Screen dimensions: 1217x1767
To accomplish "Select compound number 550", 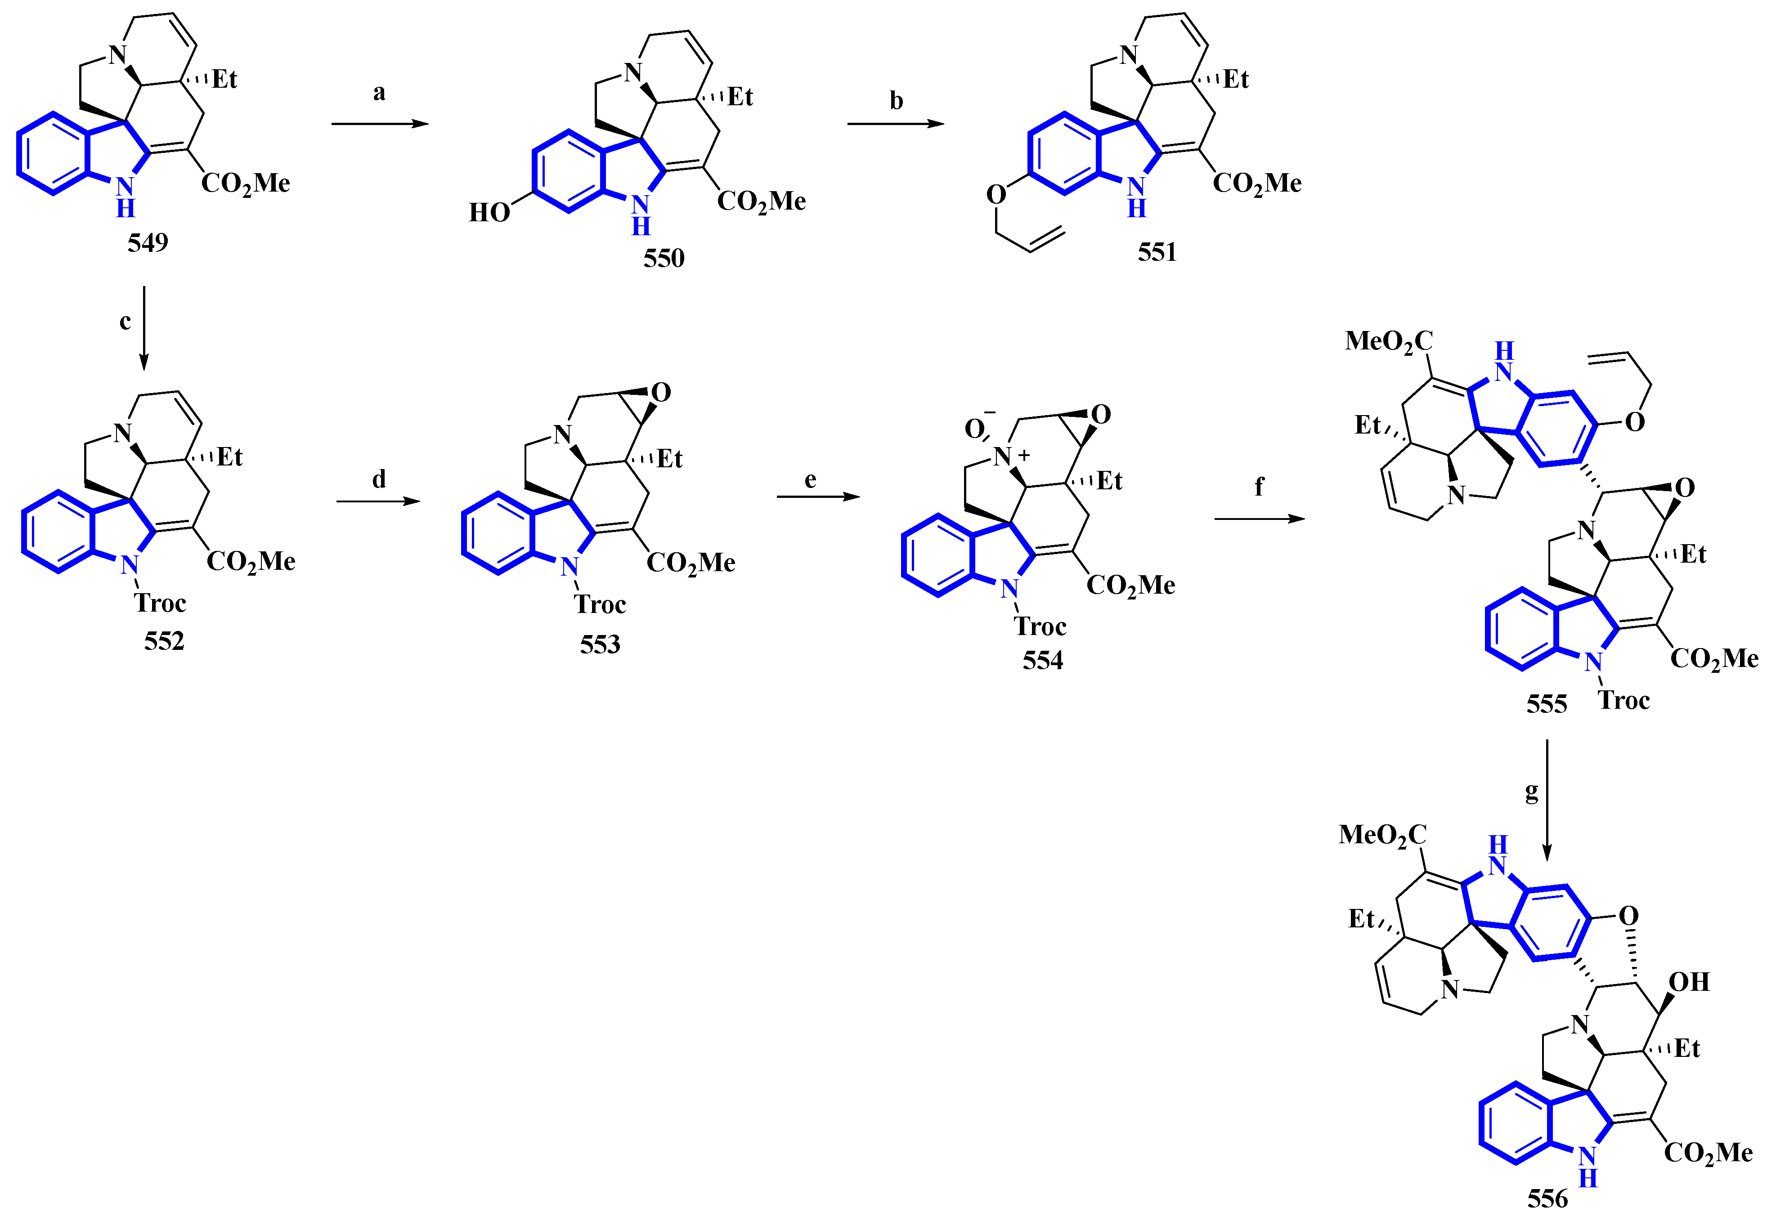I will point(664,259).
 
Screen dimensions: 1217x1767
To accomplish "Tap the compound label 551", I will point(1157,252).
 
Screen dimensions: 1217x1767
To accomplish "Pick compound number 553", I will point(600,645).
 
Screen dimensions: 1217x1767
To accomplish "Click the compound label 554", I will point(1042,660).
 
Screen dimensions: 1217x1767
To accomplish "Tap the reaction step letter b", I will point(896,101).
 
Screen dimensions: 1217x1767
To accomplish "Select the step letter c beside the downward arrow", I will point(125,321).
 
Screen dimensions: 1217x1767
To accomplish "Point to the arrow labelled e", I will point(817,497).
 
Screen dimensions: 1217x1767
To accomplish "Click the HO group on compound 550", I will point(489,212).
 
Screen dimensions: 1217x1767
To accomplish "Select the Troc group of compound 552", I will point(160,603).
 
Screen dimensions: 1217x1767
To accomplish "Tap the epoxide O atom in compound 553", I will point(660,393).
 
